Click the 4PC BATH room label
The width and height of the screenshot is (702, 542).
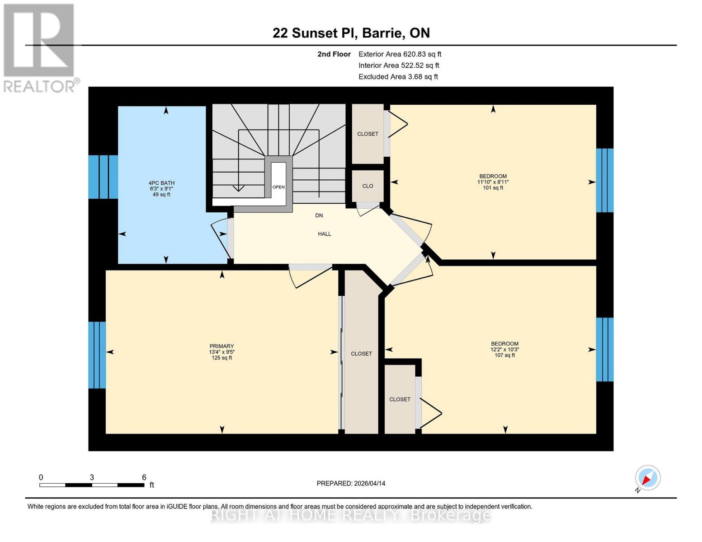point(161,183)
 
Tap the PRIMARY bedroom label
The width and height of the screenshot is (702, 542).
point(221,346)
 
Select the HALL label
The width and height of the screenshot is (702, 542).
point(324,234)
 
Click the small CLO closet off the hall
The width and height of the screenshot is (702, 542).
point(367,186)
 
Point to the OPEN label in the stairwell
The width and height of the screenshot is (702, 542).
point(278,187)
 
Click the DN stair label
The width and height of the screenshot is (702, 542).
point(319,215)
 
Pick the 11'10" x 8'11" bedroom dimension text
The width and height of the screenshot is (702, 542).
point(493,182)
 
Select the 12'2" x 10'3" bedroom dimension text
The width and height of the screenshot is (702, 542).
point(504,350)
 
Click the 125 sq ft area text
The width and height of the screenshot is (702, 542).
point(221,358)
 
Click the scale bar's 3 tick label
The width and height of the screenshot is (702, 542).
point(92,477)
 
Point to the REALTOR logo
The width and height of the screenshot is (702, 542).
point(40,47)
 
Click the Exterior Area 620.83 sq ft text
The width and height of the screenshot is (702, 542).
point(400,54)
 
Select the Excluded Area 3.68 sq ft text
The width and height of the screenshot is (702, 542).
point(398,77)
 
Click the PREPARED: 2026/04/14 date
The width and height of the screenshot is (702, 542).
point(351,483)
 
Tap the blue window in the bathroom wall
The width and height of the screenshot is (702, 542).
point(103,177)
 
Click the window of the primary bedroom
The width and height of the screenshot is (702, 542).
point(97,355)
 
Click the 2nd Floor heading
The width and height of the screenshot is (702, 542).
point(334,54)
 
